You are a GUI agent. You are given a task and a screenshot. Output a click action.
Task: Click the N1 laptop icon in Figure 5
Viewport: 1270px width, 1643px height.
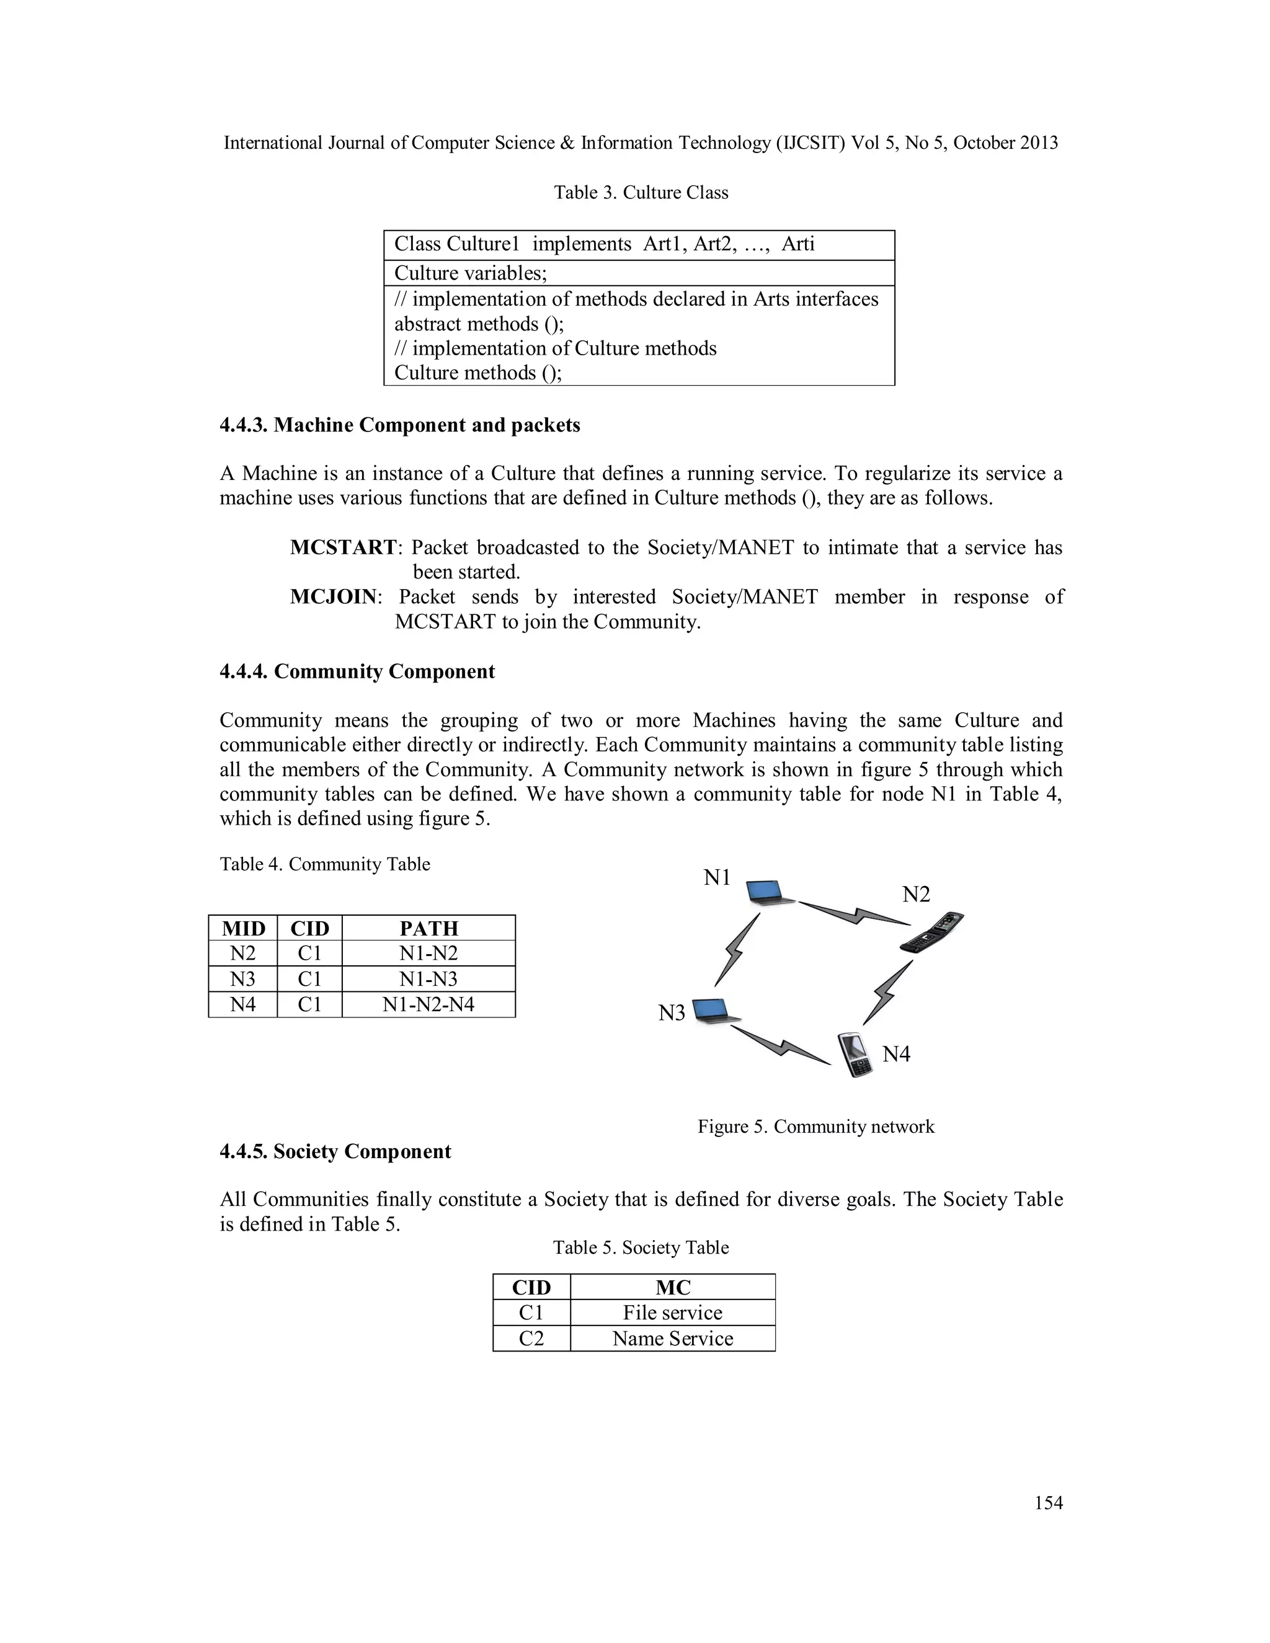click(770, 893)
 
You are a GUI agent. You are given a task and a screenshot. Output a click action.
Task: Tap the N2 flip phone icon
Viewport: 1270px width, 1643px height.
click(932, 934)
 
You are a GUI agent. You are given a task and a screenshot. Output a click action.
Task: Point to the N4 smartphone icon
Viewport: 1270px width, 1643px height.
click(855, 1055)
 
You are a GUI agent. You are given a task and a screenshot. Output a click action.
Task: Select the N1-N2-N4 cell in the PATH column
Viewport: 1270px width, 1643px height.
click(428, 1004)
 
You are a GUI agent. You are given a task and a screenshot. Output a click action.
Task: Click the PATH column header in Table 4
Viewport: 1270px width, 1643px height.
click(428, 928)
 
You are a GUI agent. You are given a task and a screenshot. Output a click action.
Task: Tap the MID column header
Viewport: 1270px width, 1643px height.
click(243, 928)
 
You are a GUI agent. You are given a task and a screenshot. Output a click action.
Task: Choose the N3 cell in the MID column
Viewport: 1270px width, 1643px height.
click(243, 979)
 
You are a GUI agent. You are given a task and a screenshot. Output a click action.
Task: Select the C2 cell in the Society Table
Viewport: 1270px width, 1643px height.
click(531, 1339)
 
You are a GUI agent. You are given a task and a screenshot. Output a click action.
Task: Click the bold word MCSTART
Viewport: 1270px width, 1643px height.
click(343, 547)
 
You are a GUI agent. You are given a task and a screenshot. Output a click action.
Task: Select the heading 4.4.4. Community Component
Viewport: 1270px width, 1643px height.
click(357, 672)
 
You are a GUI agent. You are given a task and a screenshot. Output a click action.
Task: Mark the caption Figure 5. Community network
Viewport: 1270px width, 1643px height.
click(815, 1126)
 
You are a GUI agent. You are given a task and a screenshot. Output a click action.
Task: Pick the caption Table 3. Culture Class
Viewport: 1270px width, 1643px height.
click(641, 193)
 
